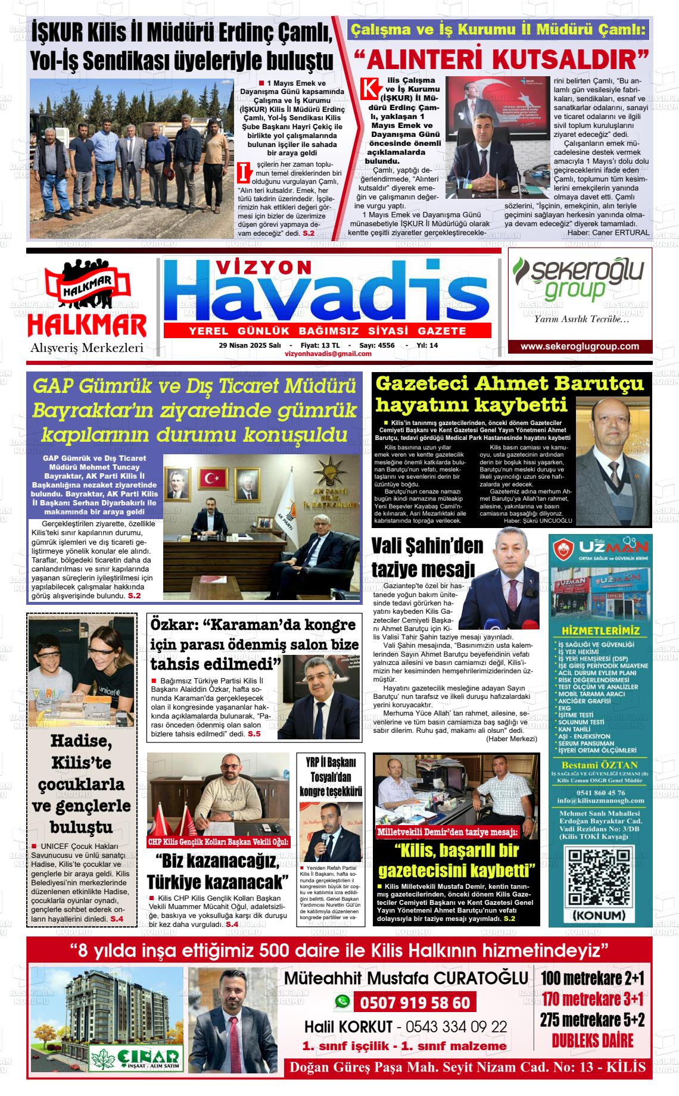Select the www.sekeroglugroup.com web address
(x=580, y=346)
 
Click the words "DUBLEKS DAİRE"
(x=593, y=1041)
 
